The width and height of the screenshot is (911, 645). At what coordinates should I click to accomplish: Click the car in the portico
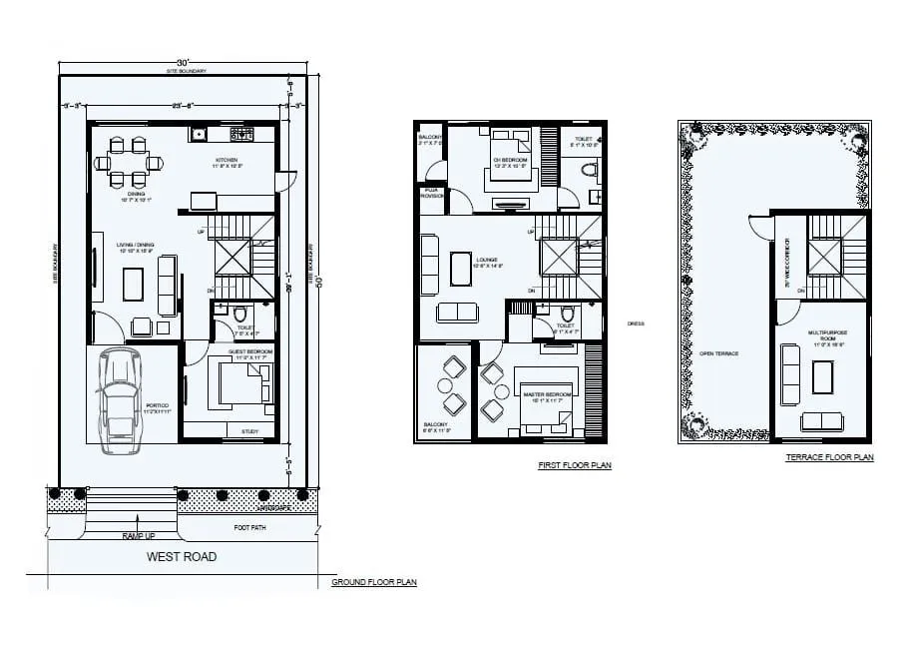tap(120, 396)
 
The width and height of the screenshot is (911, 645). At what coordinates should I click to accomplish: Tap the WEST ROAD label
tap(182, 557)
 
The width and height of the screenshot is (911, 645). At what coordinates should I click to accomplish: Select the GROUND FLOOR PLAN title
tap(374, 581)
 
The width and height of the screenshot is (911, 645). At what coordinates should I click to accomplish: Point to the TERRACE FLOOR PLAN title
tap(829, 457)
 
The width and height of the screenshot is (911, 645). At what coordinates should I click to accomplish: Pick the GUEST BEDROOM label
tap(251, 352)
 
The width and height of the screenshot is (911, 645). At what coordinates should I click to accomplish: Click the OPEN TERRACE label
tap(718, 353)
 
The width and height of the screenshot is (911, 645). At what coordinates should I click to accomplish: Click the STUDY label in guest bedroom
tap(250, 431)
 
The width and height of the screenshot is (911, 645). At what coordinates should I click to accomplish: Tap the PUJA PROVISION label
tap(431, 192)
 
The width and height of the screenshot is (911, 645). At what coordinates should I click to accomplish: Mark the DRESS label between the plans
tap(636, 322)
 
